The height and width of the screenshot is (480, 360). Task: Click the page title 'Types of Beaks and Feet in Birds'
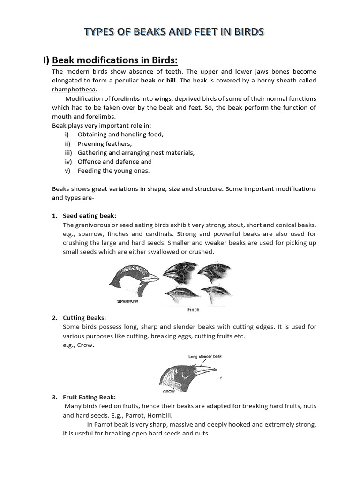(174, 32)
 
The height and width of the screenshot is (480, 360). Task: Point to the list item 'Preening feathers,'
(105, 144)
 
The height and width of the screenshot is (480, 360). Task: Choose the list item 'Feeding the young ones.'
(113, 171)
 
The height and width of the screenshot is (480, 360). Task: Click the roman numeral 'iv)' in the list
(69, 162)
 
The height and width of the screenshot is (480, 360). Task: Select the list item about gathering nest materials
(136, 153)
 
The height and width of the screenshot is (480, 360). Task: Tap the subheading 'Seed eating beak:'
(90, 216)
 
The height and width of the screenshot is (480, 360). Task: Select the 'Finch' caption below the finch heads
(193, 309)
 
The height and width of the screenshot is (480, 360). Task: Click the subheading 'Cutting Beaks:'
(84, 318)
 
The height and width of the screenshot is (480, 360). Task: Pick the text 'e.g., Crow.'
(78, 345)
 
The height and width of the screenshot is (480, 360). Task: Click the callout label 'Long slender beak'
(205, 357)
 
